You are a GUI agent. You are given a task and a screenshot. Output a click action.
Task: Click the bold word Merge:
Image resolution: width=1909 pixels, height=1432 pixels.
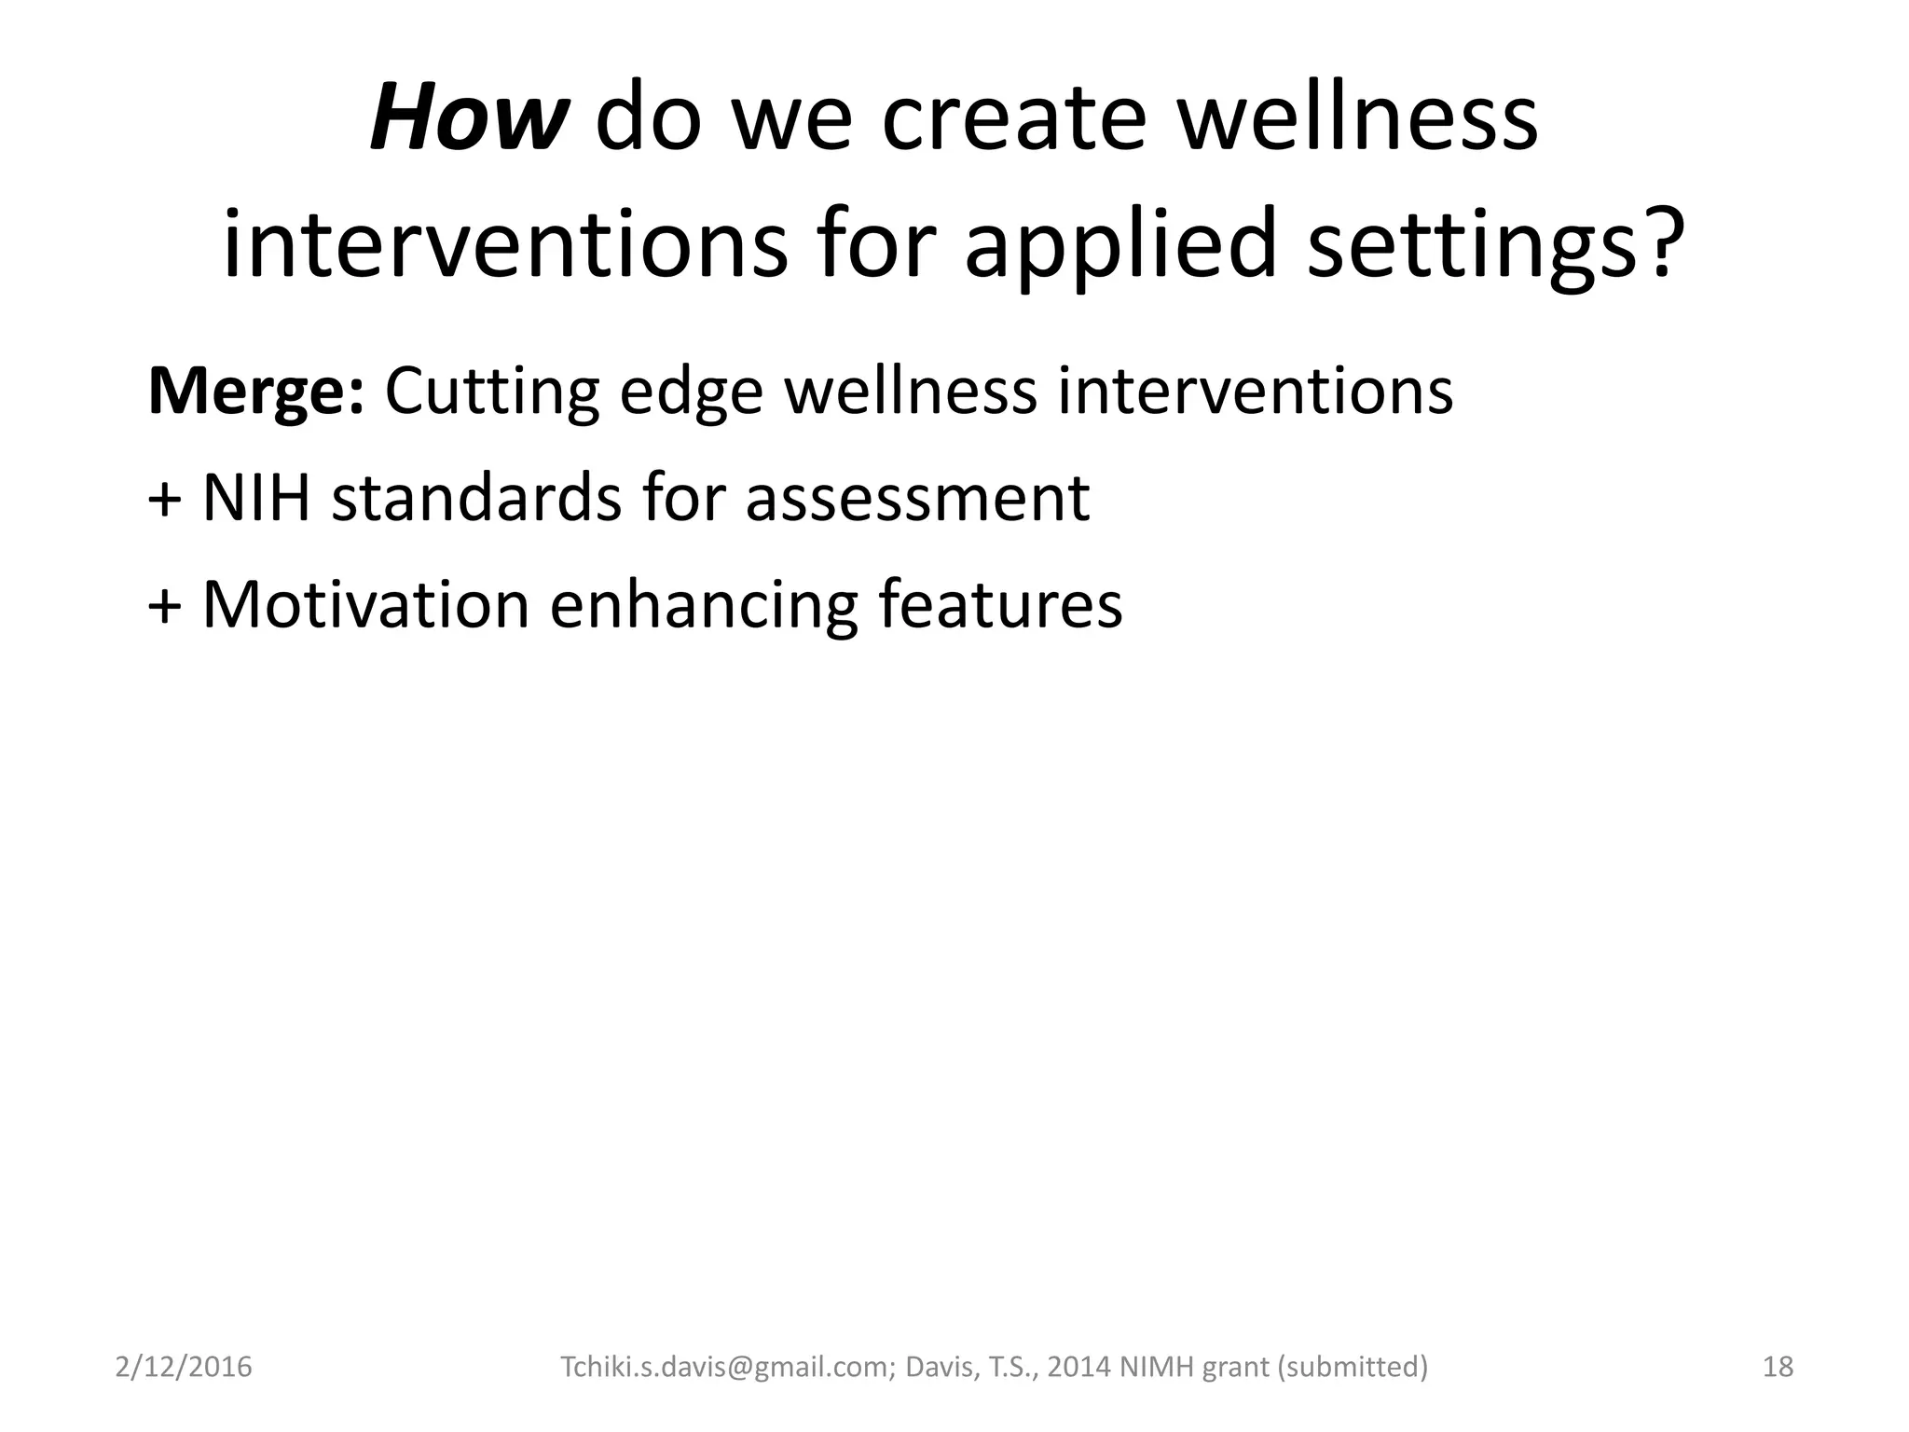click(x=255, y=392)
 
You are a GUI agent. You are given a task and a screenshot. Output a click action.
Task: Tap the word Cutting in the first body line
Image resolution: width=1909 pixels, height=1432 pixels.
click(x=491, y=392)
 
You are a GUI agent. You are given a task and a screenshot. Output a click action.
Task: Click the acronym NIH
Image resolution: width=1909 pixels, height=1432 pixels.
click(x=255, y=497)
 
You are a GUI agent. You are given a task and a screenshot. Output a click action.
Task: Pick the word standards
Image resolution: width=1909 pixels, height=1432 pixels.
click(x=476, y=497)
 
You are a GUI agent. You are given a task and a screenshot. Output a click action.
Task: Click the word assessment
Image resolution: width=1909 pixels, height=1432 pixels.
click(x=917, y=499)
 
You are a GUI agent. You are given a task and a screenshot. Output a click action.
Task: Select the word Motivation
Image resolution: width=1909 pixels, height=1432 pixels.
click(x=366, y=605)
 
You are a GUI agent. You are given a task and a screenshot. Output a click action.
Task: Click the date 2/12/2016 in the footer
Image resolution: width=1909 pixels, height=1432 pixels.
click(x=184, y=1367)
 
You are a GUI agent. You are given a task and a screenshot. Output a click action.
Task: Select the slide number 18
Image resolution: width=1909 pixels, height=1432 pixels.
click(x=1778, y=1367)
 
